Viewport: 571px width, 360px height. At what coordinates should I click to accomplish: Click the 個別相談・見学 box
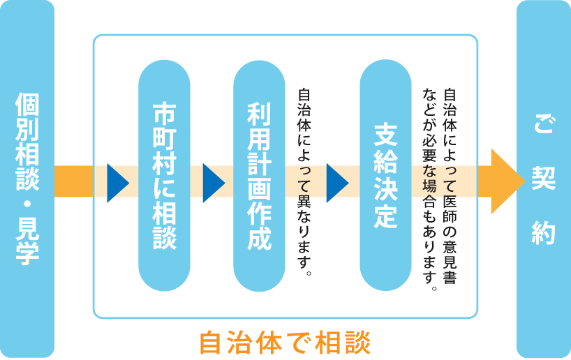(x=27, y=179)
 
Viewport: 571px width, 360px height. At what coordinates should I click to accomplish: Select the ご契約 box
(x=543, y=179)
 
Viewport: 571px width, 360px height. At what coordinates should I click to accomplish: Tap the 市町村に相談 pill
(x=165, y=176)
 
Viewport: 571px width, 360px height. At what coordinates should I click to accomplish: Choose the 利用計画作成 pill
(x=259, y=176)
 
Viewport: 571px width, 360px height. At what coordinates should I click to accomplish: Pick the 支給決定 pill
(x=385, y=176)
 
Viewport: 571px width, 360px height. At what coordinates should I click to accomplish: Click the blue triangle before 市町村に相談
(x=117, y=183)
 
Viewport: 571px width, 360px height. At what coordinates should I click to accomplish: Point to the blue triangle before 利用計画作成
(x=213, y=183)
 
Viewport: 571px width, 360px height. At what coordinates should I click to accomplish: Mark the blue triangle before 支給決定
(x=337, y=183)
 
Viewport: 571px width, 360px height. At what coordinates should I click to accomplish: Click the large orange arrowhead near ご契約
(x=507, y=181)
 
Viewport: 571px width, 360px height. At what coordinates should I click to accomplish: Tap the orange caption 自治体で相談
(x=285, y=342)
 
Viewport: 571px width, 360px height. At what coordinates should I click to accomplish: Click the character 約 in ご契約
(x=543, y=232)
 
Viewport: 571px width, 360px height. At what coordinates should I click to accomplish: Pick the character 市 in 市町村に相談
(x=165, y=114)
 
